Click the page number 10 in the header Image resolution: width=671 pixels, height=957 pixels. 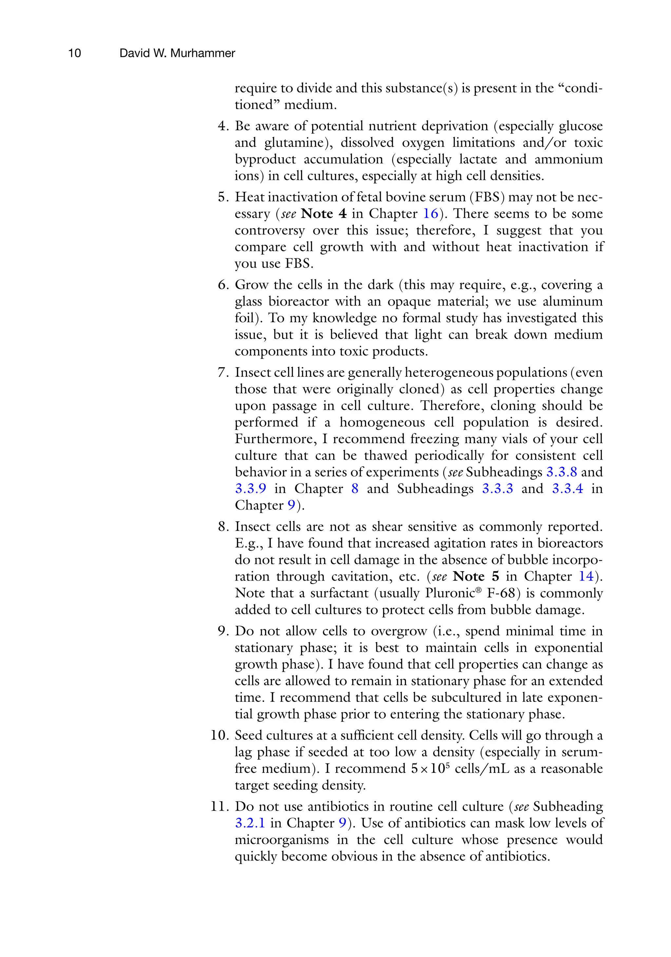tap(74, 53)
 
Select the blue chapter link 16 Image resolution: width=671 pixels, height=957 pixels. tap(431, 214)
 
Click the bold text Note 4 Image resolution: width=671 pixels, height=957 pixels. tap(324, 214)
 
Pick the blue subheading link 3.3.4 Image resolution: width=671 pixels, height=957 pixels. tap(567, 489)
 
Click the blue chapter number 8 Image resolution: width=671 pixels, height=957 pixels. tap(355, 489)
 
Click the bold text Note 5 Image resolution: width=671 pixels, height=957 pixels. tap(475, 576)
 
